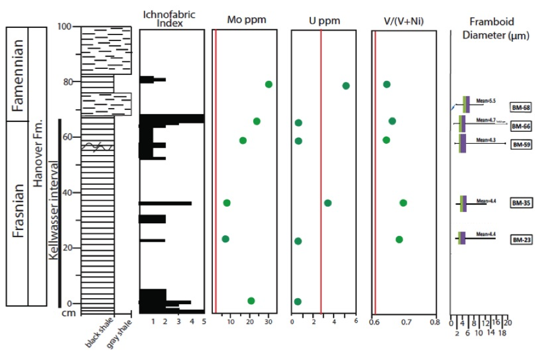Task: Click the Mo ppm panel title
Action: (246, 20)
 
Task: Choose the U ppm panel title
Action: (325, 20)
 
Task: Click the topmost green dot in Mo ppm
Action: (269, 84)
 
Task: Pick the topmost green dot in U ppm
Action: (346, 86)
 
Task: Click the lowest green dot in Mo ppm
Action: (251, 301)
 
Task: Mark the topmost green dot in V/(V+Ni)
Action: (387, 84)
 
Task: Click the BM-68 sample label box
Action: (520, 108)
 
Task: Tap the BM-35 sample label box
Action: (520, 203)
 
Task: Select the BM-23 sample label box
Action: (520, 240)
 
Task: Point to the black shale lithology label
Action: (96, 335)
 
